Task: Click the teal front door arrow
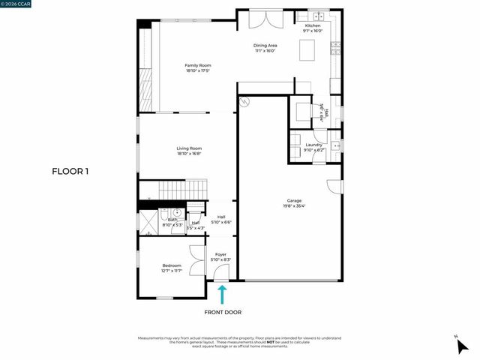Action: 222,293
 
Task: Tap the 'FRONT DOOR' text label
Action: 223,312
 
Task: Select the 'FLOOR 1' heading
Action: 70,172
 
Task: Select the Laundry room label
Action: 313,146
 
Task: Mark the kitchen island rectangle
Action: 307,50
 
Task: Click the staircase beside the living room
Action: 184,190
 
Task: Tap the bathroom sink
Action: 177,213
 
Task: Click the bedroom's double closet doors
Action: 196,262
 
